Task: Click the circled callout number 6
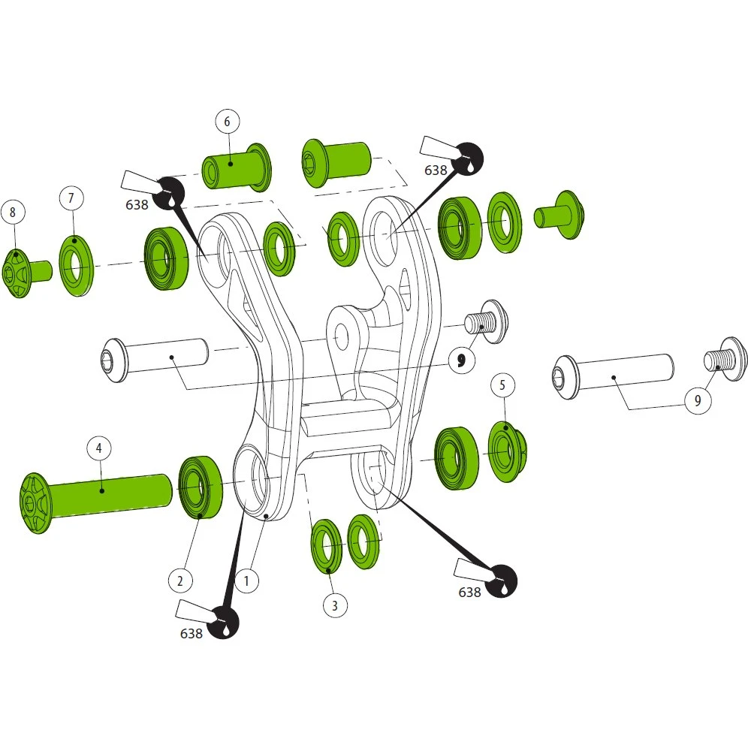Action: [227, 122]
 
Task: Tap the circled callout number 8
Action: [13, 213]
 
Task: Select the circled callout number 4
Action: [99, 448]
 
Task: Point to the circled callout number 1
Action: [246, 581]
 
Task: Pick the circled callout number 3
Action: [335, 605]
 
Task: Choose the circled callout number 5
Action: [502, 385]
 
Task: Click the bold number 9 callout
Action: [462, 360]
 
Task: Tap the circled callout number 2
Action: [179, 581]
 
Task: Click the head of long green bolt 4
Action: [36, 503]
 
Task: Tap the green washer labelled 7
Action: [77, 266]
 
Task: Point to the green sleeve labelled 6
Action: [237, 167]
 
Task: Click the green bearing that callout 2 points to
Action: [201, 487]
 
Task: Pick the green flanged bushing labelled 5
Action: [508, 452]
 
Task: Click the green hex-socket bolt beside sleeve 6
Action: [336, 164]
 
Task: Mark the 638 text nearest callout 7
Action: [137, 205]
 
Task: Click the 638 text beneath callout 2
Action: [192, 634]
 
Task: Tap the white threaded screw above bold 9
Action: [487, 321]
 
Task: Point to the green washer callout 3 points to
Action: [326, 546]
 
